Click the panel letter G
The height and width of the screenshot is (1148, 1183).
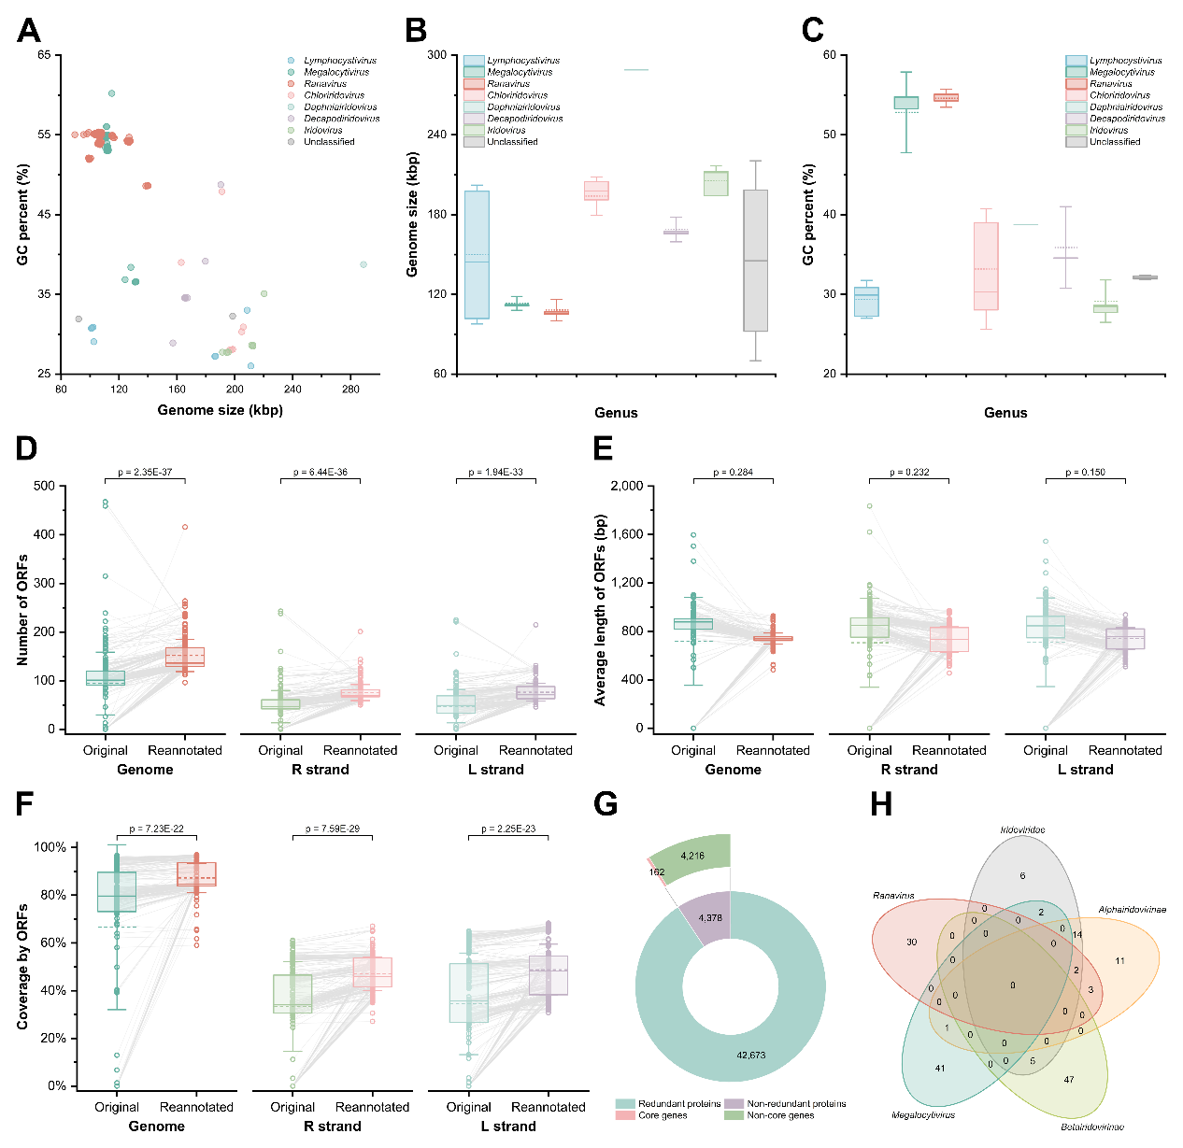click(606, 804)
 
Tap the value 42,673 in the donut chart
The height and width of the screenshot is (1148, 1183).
click(750, 1055)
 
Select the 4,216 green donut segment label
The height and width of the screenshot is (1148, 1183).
click(692, 856)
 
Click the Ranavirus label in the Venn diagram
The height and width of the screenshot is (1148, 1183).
click(893, 896)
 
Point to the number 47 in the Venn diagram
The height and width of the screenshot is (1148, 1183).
click(1068, 1079)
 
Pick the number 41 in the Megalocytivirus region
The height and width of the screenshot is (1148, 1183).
click(939, 1068)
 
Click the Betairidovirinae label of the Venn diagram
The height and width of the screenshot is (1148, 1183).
click(1091, 1127)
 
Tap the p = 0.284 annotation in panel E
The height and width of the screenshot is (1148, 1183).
click(733, 473)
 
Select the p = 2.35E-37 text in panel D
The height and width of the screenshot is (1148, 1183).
click(145, 473)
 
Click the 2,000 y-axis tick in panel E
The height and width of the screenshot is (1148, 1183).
click(625, 486)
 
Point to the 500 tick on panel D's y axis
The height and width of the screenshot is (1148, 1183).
click(43, 486)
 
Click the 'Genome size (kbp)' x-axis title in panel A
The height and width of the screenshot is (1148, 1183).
click(220, 410)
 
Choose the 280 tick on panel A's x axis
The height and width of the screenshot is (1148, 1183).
click(350, 390)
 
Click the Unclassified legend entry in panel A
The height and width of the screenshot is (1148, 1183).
click(328, 142)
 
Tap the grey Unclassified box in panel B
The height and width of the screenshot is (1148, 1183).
click(755, 261)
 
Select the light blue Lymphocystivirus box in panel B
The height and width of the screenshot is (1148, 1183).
click(477, 254)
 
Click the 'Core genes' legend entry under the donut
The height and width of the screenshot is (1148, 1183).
click(662, 1115)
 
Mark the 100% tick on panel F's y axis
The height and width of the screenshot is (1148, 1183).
click(50, 847)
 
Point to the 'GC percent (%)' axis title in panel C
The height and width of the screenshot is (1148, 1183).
click(808, 215)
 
